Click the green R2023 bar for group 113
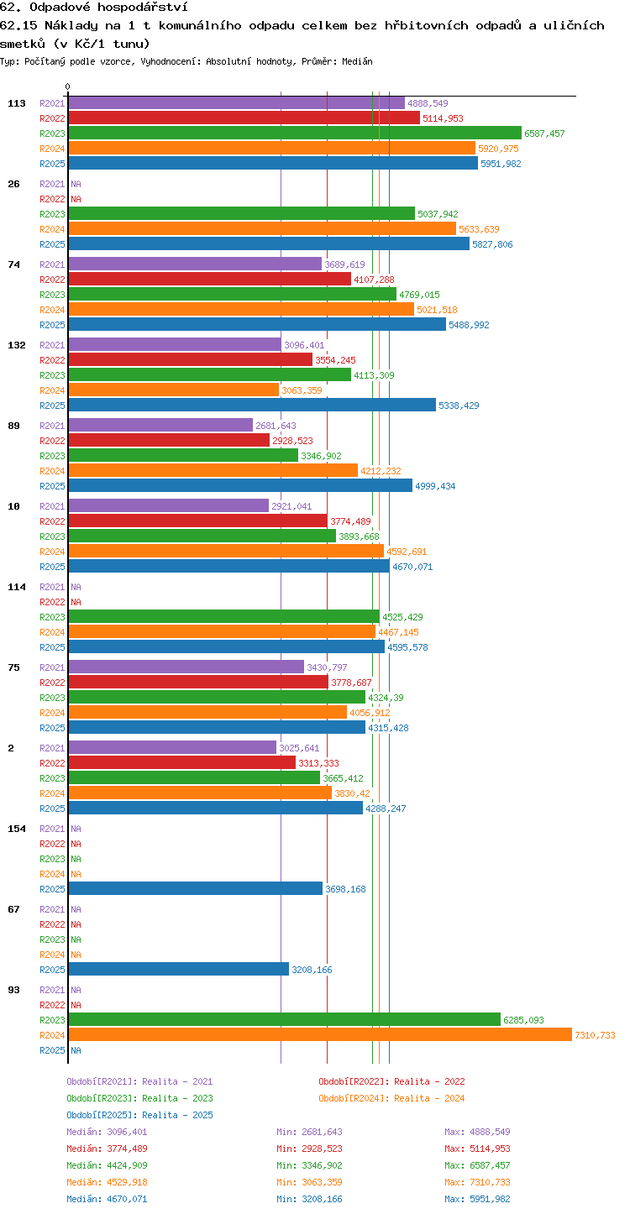point(295,133)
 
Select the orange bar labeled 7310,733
point(320,1034)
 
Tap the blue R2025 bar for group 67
point(179,969)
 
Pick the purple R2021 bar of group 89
point(161,426)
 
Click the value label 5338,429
point(459,406)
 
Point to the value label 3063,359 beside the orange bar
point(302,390)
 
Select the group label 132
point(16,345)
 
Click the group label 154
point(16,829)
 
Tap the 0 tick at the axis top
point(68,86)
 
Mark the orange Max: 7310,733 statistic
point(477,1182)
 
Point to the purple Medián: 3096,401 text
point(107,1132)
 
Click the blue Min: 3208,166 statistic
point(309,1199)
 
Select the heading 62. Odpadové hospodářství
point(94,7)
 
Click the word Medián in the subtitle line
point(357,61)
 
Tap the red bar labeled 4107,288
point(210,279)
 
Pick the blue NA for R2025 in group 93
point(76,1050)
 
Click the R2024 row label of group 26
point(52,229)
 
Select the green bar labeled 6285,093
point(285,1019)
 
